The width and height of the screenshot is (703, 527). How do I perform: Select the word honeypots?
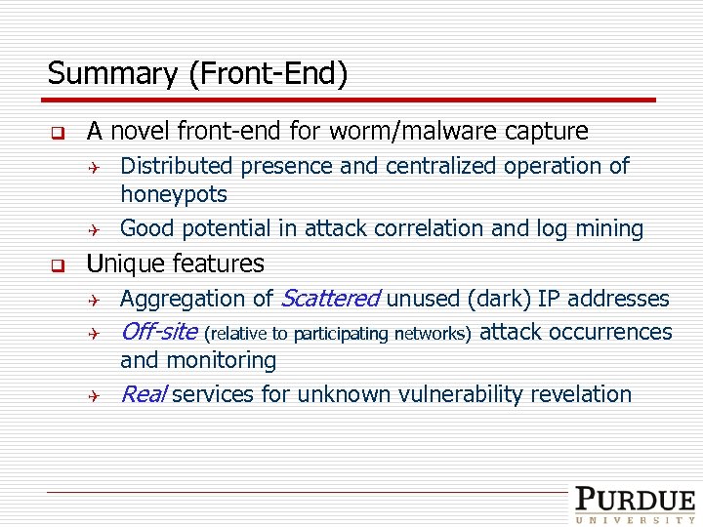click(x=173, y=194)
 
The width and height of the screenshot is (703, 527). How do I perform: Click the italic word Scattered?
click(x=330, y=299)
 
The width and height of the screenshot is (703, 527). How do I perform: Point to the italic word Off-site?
click(x=158, y=332)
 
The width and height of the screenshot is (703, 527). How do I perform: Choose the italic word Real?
click(x=143, y=394)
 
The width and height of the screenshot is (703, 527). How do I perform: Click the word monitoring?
click(x=223, y=360)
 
